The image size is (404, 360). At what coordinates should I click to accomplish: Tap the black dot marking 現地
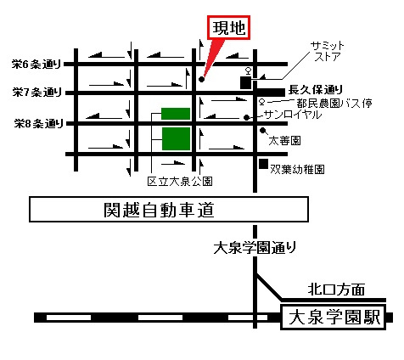tap(202, 80)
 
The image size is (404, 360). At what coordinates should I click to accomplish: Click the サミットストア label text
tap(328, 51)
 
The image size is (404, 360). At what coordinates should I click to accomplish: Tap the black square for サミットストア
tap(245, 83)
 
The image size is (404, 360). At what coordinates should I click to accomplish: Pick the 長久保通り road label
tap(315, 88)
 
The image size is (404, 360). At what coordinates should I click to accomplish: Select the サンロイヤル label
tap(292, 113)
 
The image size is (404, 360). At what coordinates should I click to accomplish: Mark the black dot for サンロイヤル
tap(245, 117)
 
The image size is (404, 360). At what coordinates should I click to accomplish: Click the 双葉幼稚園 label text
tap(298, 168)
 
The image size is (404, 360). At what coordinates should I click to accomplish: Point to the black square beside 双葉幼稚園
tap(264, 164)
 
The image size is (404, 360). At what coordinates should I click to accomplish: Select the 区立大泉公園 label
tap(178, 181)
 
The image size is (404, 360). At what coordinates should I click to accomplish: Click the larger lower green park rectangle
tap(176, 138)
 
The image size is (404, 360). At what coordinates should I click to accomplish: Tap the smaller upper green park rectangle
tap(176, 113)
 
